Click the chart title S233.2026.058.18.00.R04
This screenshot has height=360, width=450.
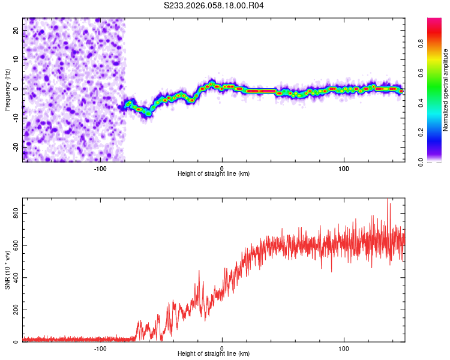tap(214, 5)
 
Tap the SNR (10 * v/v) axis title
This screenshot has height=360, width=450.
tap(7, 270)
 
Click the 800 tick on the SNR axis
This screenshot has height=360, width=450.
tap(14, 214)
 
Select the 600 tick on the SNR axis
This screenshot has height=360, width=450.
tap(14, 246)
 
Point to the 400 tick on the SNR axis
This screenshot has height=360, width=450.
tap(14, 278)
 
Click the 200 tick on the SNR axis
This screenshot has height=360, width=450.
tap(14, 310)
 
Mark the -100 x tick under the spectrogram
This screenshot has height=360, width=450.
tap(100, 169)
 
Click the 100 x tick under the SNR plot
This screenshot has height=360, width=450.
tap(344, 349)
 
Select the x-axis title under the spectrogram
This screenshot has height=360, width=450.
tap(214, 174)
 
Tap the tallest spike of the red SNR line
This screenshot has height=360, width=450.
tap(388, 200)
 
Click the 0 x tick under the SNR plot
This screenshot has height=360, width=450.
tap(222, 349)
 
